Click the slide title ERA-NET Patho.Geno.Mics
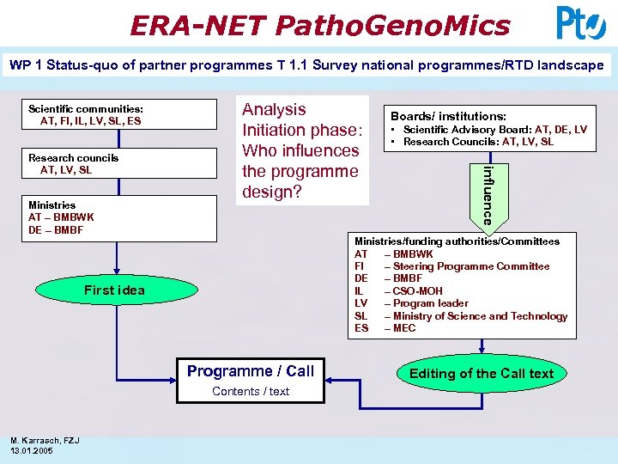click(x=319, y=25)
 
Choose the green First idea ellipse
click(x=114, y=290)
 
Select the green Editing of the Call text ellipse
click(x=482, y=373)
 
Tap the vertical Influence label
click(x=487, y=195)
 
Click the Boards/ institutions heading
click(x=448, y=116)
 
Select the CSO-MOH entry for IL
click(x=418, y=291)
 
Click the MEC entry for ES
click(x=403, y=328)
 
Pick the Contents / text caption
click(x=251, y=392)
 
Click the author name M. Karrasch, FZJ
click(x=45, y=441)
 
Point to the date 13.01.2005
click(x=33, y=451)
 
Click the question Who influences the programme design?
click(x=300, y=171)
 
